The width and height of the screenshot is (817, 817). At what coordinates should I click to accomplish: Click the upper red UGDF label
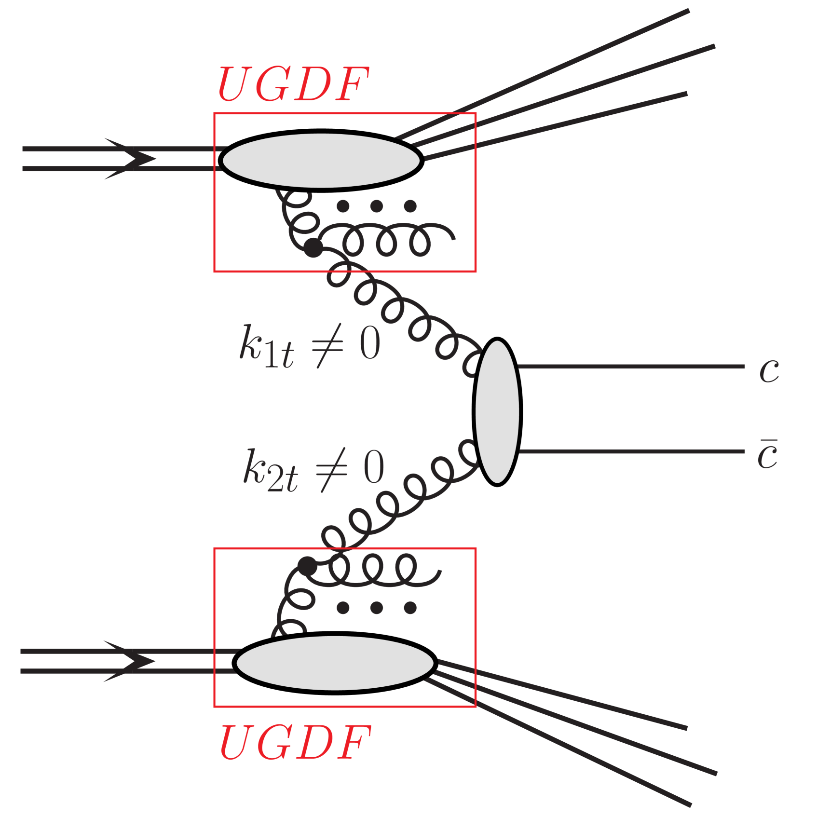click(293, 84)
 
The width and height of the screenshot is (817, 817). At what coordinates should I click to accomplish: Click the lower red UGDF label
click(295, 743)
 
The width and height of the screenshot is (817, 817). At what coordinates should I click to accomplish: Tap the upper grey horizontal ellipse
click(321, 160)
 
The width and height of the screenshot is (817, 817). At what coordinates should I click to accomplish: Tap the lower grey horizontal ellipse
click(335, 663)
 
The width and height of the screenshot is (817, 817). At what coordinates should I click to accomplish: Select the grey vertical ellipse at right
click(497, 411)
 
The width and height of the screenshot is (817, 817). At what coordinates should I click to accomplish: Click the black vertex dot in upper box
click(313, 248)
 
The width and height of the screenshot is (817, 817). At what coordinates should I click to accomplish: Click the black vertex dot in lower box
click(307, 566)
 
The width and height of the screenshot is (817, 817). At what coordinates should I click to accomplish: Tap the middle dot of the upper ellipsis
click(377, 206)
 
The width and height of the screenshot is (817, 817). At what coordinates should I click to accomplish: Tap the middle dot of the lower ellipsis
click(377, 608)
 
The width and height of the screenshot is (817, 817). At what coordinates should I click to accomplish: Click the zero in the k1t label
click(370, 343)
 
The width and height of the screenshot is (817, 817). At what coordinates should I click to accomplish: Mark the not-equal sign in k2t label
click(331, 470)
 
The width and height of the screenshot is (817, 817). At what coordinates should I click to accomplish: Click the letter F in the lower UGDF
click(351, 743)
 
